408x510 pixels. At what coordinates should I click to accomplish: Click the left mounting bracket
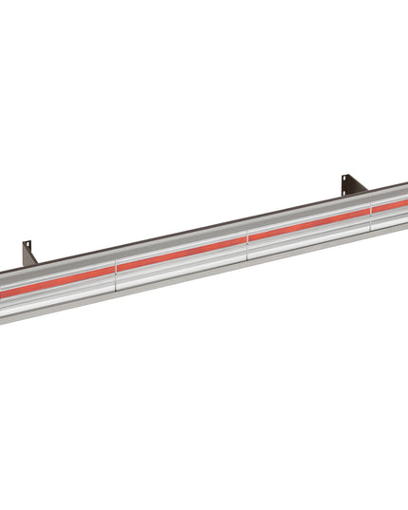(28, 254)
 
